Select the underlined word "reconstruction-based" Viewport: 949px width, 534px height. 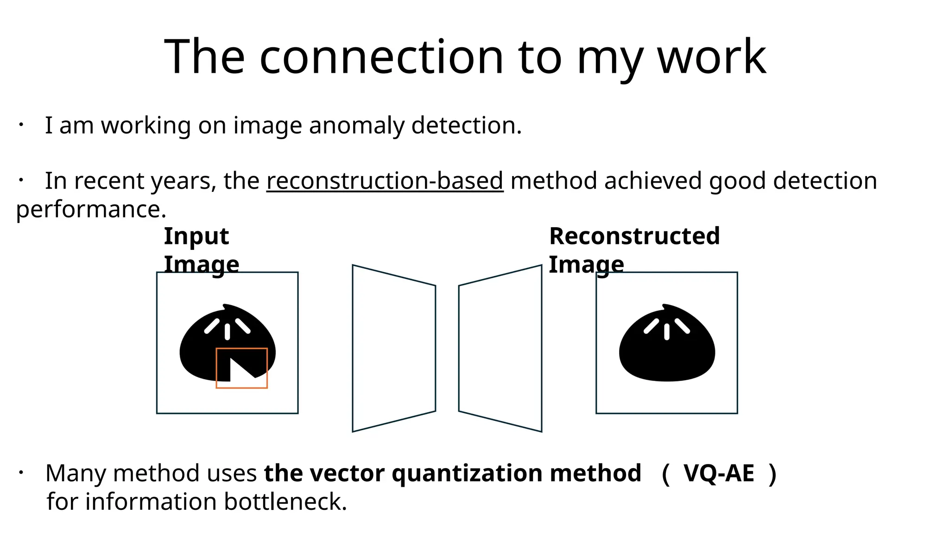click(x=385, y=181)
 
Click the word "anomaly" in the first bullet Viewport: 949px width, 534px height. click(x=356, y=126)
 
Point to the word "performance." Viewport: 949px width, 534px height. click(x=91, y=210)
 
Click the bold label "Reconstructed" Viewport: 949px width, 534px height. click(x=634, y=236)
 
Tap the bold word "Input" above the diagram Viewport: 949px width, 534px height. click(x=196, y=236)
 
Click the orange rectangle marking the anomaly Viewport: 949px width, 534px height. click(x=242, y=349)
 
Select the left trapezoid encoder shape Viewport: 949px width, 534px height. click(x=394, y=348)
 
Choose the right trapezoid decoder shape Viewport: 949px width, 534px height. click(x=500, y=348)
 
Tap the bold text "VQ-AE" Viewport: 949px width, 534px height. click(x=719, y=473)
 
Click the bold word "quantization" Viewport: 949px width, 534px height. click(x=468, y=473)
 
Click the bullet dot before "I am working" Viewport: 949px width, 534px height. click(x=21, y=125)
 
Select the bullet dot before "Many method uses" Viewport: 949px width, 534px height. click(x=21, y=473)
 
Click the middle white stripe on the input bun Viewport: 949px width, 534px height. click(x=228, y=331)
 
